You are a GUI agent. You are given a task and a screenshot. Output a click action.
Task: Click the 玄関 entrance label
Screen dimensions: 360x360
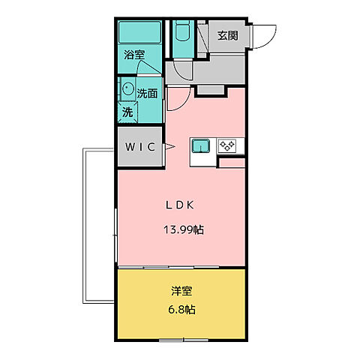point(228,35)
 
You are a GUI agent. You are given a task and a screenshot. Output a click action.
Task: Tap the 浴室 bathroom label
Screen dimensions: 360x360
point(135,55)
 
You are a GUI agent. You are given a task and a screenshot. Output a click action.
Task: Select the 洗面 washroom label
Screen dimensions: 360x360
point(147,93)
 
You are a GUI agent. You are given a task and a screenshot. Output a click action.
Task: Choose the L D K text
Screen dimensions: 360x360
point(181,205)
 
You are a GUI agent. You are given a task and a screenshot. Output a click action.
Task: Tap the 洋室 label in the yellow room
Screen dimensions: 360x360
point(181,290)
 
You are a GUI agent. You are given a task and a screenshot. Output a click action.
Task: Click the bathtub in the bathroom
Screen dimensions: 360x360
point(140,31)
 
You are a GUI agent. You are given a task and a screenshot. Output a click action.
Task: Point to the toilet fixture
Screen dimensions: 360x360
point(182,34)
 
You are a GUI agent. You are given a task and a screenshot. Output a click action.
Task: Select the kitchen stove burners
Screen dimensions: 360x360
point(227,146)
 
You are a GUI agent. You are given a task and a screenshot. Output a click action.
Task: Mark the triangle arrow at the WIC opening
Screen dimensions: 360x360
point(169,146)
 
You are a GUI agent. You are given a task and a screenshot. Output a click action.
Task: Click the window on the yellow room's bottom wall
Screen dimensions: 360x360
point(184,339)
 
